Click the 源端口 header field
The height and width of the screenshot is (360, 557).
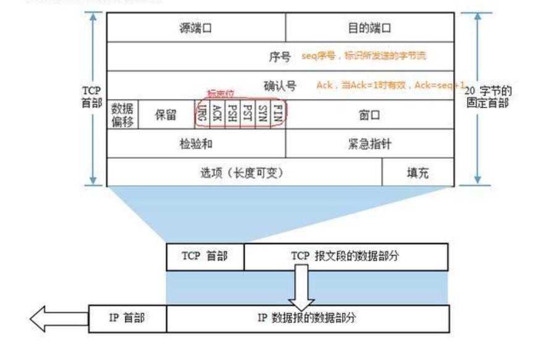[196, 27]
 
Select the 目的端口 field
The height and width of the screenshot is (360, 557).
[369, 27]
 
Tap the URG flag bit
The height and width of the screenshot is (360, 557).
[202, 114]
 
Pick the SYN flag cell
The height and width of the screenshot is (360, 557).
[262, 114]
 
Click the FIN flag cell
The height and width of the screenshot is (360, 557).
[277, 114]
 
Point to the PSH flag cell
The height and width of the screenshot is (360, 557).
[232, 114]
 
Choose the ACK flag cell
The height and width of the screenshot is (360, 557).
[217, 114]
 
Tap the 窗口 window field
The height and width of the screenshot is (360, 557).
[369, 115]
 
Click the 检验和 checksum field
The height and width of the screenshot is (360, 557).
[196, 144]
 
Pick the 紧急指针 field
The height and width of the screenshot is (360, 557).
[369, 144]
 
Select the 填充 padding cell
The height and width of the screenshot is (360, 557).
[417, 172]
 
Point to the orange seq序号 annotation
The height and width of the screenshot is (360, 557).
[364, 56]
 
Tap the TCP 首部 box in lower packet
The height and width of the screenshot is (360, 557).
[204, 256]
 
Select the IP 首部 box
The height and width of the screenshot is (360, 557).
[127, 318]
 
